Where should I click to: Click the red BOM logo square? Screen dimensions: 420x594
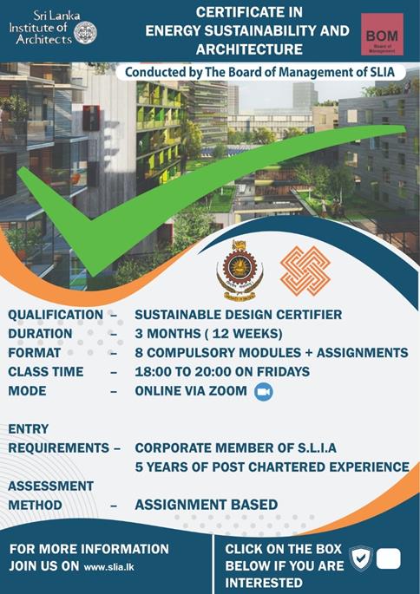point(382,35)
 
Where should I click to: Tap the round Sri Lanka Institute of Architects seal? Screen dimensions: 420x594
point(85,33)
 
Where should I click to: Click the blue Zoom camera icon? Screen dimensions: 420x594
point(264,392)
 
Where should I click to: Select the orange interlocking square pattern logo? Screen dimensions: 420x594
point(305,271)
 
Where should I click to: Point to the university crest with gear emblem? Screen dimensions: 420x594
point(240,271)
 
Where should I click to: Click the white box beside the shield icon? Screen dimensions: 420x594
point(389,558)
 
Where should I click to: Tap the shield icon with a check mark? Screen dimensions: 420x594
point(361,558)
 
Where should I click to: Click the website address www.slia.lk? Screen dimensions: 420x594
point(108,567)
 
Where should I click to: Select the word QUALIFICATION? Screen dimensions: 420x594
point(56,315)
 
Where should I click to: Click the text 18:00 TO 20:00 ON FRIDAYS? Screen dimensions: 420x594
point(222,372)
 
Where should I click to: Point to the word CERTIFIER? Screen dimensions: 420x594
point(309,315)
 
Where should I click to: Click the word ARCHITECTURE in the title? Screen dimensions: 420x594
point(249,49)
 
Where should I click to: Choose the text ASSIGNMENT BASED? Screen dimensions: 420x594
point(207,505)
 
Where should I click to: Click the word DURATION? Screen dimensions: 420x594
point(40,334)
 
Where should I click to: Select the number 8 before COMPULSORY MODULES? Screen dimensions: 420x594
point(139,353)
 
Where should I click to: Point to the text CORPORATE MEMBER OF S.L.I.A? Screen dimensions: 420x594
point(236,448)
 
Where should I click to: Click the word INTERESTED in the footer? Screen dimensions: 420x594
point(264,583)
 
